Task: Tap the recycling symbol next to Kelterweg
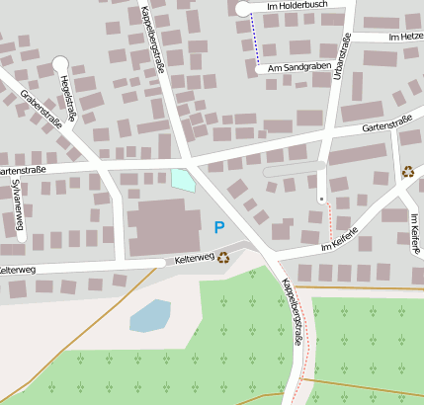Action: point(224,258)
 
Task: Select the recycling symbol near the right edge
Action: point(408,172)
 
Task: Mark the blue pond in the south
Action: point(149,316)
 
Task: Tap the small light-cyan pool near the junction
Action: point(182,181)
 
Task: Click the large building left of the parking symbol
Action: point(156,227)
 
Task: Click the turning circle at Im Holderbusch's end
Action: point(243,9)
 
